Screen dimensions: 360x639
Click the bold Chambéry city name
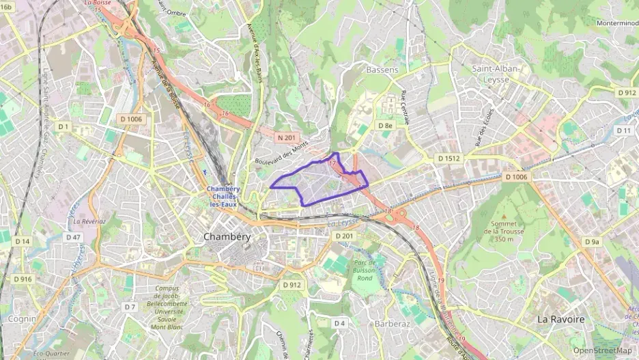[x=227, y=237]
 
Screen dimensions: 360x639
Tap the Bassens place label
[x=382, y=70]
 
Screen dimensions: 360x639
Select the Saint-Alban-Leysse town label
[x=496, y=74]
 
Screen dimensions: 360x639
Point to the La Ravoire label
[x=560, y=319]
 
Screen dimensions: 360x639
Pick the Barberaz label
[x=392, y=322]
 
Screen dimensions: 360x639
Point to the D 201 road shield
[x=345, y=236]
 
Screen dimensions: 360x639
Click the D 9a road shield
[x=591, y=242]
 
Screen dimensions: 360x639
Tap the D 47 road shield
[x=72, y=237]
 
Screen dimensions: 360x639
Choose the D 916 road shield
[x=23, y=279]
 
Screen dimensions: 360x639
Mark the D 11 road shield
[x=623, y=130]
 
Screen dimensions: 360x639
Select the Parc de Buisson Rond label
[x=364, y=271]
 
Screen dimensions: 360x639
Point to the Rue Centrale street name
[x=406, y=107]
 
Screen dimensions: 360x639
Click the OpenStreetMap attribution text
[x=602, y=350]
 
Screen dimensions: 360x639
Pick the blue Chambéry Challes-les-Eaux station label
[x=223, y=196]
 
